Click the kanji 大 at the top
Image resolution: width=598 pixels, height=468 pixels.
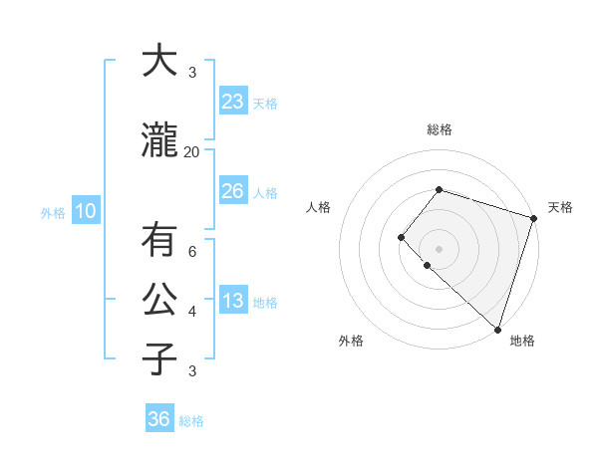click(x=158, y=62)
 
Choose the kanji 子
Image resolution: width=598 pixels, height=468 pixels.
click(x=158, y=359)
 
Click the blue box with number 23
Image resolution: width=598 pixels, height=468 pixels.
click(x=233, y=102)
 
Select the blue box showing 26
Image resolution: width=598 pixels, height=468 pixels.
click(x=233, y=191)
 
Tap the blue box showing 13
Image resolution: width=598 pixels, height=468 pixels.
click(x=233, y=302)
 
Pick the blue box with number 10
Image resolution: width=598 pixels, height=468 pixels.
click(x=86, y=211)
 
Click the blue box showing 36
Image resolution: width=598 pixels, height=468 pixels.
click(x=159, y=419)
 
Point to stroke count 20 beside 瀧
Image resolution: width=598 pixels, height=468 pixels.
click(x=192, y=151)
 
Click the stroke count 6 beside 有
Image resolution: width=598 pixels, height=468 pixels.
click(x=192, y=252)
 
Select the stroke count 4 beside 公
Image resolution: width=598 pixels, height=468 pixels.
click(x=192, y=312)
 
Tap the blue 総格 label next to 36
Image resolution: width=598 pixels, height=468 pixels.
click(x=191, y=421)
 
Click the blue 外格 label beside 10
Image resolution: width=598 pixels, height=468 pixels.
click(x=53, y=212)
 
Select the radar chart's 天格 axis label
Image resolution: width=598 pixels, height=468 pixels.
click(x=560, y=207)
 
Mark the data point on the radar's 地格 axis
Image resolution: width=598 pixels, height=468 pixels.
click(x=497, y=329)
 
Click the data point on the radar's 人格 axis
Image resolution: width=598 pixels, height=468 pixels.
click(x=401, y=237)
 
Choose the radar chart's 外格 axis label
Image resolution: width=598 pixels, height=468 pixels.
click(x=351, y=341)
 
